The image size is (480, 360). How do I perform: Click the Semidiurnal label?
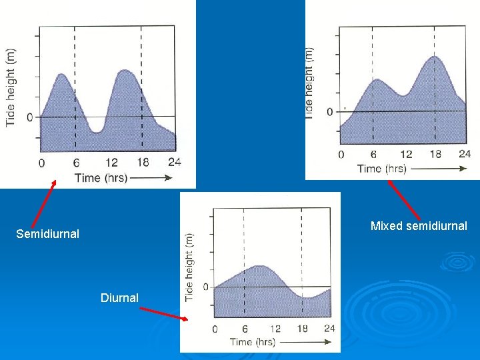pos(47,234)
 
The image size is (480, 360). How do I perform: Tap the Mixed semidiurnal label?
pos(419,226)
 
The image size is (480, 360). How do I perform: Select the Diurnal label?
pos(119,298)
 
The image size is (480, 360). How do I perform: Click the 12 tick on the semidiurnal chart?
pos(111,162)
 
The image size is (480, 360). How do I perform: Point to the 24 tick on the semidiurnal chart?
pos(175,161)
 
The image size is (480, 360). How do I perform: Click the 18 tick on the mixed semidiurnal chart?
pos(435,154)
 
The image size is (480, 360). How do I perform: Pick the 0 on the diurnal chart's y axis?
pos(205,287)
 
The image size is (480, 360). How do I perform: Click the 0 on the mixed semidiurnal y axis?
pos(329,111)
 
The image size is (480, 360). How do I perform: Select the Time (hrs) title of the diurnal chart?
pos(252,342)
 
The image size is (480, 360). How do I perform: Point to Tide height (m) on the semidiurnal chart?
pos(11,87)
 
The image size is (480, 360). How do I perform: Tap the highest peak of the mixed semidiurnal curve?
pos(435,57)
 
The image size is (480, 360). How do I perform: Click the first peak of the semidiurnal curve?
pos(62,74)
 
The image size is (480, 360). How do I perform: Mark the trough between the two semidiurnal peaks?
pos(97,132)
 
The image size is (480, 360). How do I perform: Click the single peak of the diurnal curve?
pos(259,266)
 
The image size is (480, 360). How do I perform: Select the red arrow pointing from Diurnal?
pos(164,313)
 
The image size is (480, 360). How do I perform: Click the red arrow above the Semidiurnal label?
pos(43,203)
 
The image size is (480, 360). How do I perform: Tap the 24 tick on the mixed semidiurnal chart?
pos(465,154)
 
